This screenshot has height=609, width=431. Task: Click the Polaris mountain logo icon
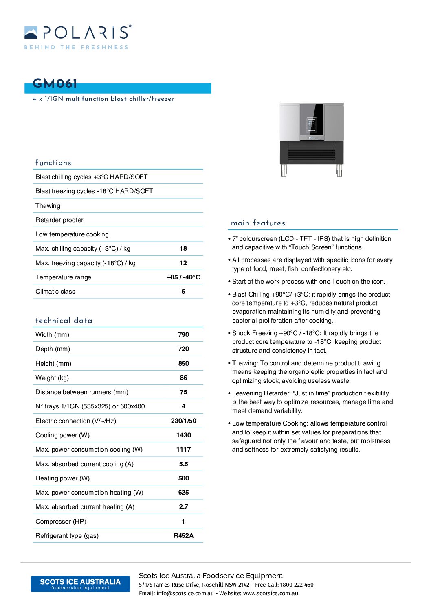[x=31, y=33]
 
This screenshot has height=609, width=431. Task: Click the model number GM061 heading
[x=55, y=84]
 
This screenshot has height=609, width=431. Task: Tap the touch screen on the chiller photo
[x=312, y=125]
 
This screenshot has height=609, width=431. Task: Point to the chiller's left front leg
[x=284, y=170]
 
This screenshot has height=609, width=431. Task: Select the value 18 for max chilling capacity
[x=183, y=249]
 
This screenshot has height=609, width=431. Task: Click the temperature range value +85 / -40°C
[x=184, y=277]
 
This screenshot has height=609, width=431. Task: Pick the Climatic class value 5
[x=183, y=292]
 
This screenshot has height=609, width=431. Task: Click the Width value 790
[x=184, y=335]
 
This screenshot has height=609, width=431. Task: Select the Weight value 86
[x=184, y=378]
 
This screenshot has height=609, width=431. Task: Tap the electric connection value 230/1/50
[x=184, y=421]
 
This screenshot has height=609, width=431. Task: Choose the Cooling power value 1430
[x=184, y=435]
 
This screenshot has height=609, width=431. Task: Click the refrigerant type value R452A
[x=184, y=536]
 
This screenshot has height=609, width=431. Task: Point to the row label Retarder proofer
[x=59, y=220]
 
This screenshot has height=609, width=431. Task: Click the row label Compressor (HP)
[x=61, y=522]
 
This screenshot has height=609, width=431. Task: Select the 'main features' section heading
[x=258, y=223]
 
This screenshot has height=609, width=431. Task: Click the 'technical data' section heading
[x=64, y=321]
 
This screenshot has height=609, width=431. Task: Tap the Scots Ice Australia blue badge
[x=80, y=584]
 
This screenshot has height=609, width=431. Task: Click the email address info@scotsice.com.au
[x=185, y=594]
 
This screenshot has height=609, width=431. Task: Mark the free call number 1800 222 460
[x=297, y=585]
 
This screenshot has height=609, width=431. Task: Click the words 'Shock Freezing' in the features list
[x=255, y=333]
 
